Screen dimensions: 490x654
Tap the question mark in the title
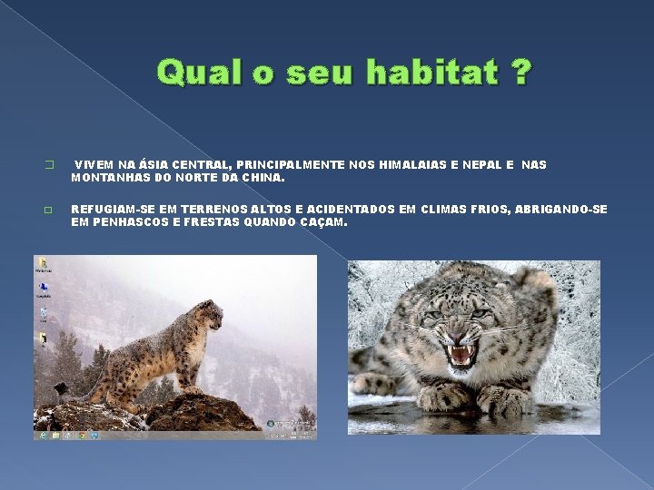pyautogui.click(x=522, y=72)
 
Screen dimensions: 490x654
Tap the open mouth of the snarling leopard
pyautogui.click(x=461, y=352)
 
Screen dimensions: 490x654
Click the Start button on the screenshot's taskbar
pyautogui.click(x=40, y=435)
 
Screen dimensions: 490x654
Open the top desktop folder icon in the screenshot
pyautogui.click(x=43, y=265)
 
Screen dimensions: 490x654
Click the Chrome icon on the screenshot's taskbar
pyautogui.click(x=82, y=435)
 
